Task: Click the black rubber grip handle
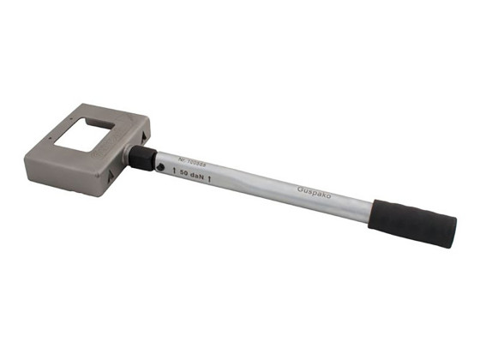412,224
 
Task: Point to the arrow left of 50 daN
175,171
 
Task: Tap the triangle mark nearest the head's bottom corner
109,177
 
